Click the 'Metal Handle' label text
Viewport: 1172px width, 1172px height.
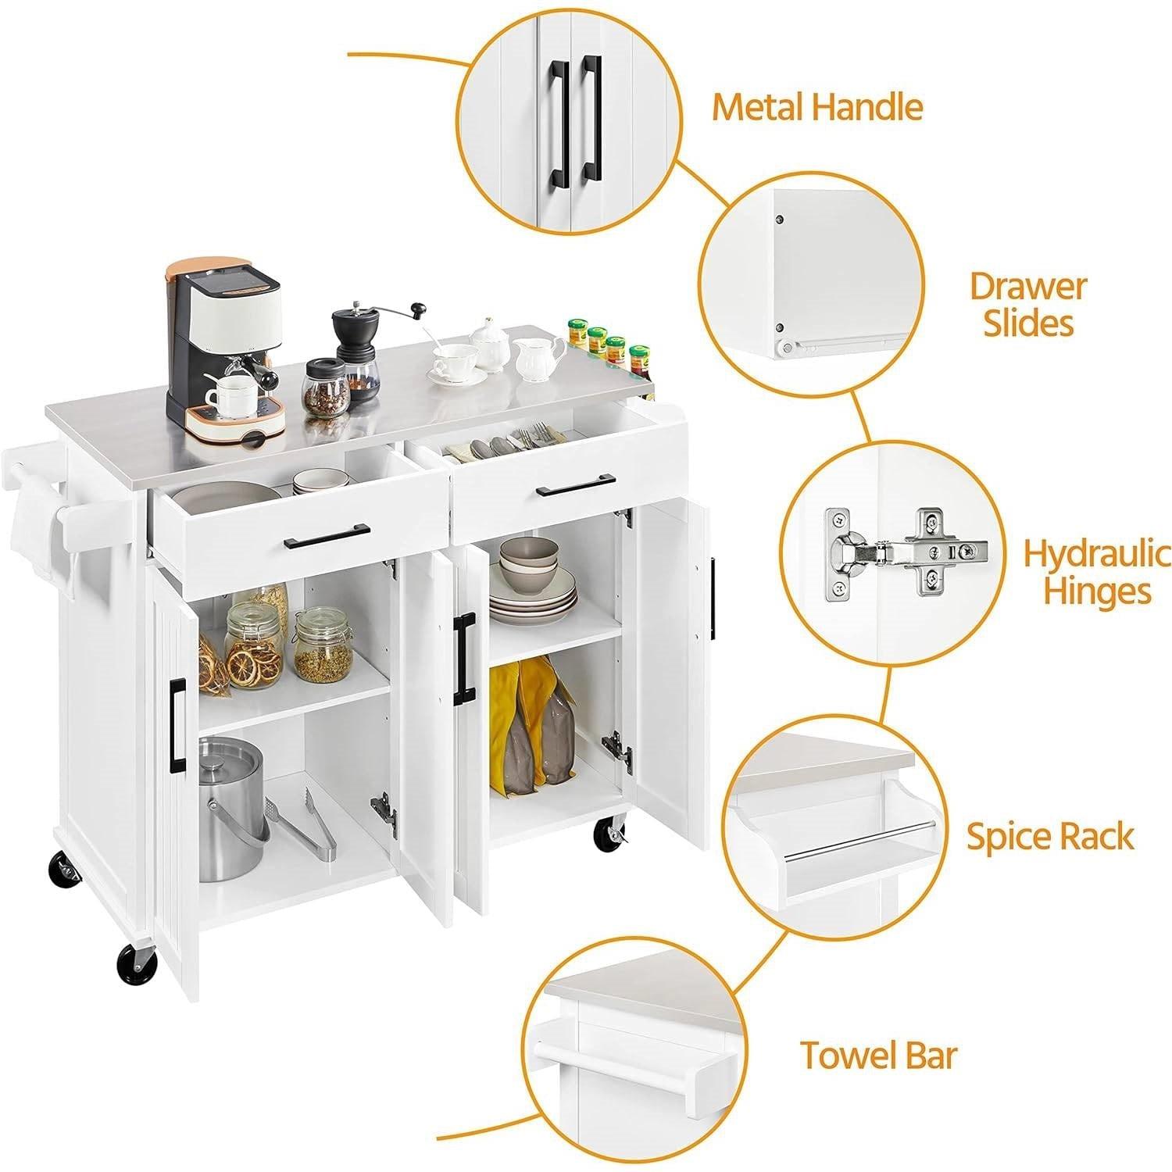[x=816, y=107]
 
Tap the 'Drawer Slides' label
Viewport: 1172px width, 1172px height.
[x=1027, y=304]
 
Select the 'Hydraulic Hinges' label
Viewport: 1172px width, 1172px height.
[x=1097, y=572]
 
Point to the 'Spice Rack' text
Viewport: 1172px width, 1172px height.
[x=1049, y=836]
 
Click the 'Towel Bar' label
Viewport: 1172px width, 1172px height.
[x=877, y=1056]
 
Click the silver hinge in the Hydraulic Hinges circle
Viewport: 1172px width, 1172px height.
[x=906, y=548]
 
